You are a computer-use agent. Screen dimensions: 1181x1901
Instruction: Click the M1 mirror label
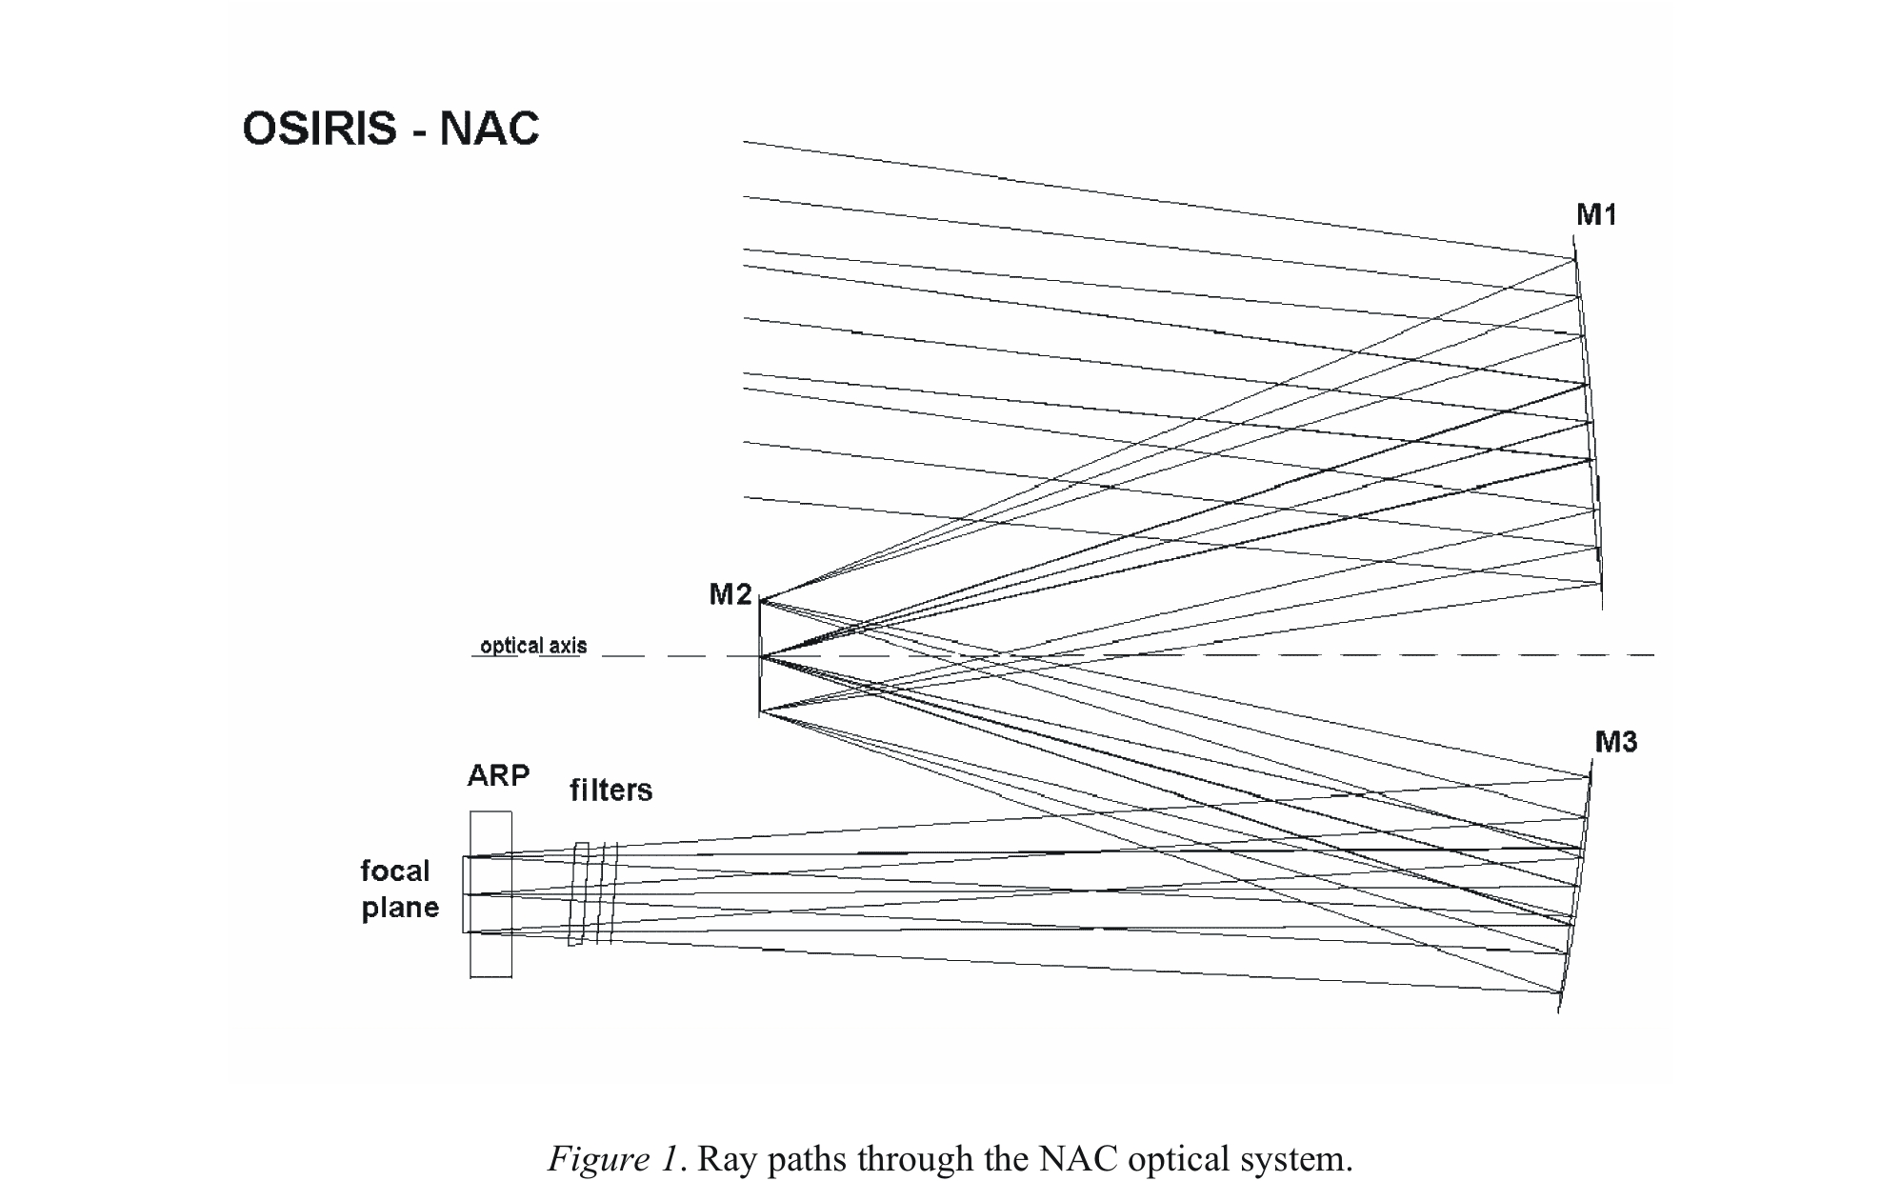1596,215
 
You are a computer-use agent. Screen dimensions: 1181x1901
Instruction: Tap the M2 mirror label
730,595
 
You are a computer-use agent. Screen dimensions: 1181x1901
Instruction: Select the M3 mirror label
1615,742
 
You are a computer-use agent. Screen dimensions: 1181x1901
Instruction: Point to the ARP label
498,776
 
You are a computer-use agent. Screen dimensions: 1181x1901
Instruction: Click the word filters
611,791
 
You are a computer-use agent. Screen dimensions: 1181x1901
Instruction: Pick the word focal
395,871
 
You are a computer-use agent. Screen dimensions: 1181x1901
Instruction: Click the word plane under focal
400,908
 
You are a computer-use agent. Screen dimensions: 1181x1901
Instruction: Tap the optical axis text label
533,646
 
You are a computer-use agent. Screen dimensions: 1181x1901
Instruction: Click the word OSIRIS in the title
319,129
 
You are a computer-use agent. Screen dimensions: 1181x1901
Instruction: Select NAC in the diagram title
490,129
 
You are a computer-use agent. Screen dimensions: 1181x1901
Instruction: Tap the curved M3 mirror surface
1575,895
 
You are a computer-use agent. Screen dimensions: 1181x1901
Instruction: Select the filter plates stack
593,893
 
